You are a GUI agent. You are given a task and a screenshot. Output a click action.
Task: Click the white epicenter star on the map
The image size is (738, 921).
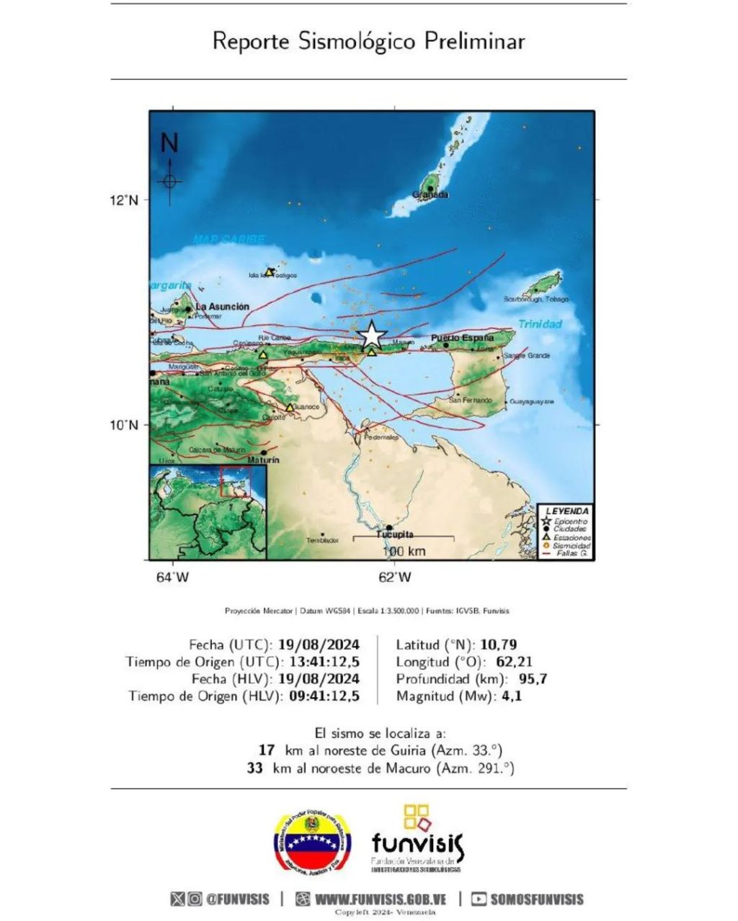(371, 335)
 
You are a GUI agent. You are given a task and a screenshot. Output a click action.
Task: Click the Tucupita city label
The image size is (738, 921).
(395, 534)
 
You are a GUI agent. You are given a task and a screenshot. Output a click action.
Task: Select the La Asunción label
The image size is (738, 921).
(223, 306)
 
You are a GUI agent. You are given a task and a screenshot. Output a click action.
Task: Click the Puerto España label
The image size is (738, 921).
(463, 337)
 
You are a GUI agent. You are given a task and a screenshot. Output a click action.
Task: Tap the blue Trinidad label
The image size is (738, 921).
(540, 324)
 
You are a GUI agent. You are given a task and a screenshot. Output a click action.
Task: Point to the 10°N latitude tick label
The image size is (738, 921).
(123, 425)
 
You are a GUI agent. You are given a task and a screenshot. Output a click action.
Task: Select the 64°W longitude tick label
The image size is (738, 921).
(173, 577)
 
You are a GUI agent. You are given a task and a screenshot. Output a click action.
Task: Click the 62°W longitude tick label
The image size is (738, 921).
(395, 577)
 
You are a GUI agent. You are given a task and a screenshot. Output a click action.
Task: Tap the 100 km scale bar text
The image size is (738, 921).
(404, 552)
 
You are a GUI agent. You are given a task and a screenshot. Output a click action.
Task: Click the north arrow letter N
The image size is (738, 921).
(169, 143)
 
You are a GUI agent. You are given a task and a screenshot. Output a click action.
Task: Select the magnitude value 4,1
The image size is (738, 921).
(512, 696)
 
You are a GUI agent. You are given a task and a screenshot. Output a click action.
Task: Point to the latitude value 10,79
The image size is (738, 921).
(502, 644)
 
